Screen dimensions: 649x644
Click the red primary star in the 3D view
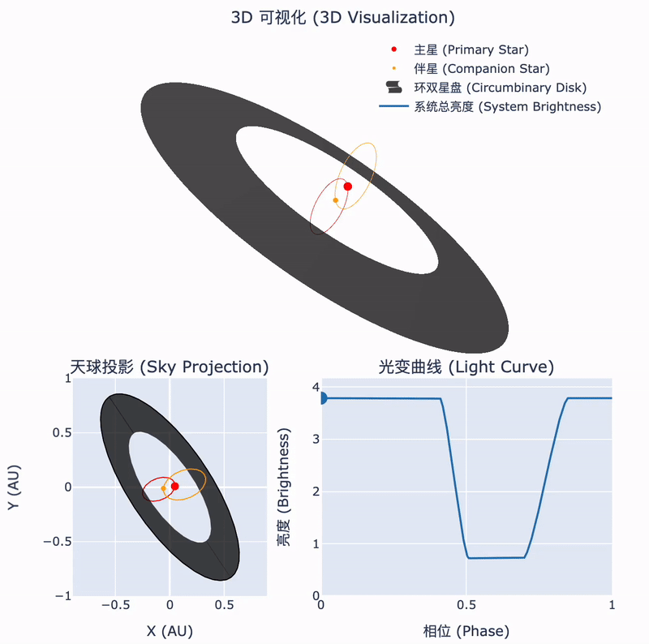coord(348,187)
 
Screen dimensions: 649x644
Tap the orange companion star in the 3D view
coord(336,200)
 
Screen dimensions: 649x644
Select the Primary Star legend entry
coord(459,49)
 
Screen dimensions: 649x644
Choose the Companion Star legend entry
coord(470,69)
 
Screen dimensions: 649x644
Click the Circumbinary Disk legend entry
coord(486,88)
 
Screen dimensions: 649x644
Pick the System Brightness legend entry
coord(490,107)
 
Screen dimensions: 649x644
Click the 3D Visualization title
coord(342,18)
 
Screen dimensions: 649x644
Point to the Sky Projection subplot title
coord(170,367)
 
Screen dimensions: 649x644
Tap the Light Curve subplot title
coord(466,367)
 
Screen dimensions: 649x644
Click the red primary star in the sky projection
coord(175,487)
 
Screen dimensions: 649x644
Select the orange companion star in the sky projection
coord(164,488)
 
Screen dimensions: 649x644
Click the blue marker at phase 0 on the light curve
coord(323,398)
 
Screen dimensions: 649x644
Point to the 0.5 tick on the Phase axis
coord(466,605)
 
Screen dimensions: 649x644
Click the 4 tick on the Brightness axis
coord(316,387)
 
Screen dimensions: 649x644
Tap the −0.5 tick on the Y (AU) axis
coord(58,542)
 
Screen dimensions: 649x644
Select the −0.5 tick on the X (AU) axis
coord(115,605)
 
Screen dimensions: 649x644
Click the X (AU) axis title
coord(170,631)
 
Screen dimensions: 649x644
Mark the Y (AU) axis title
coord(14,487)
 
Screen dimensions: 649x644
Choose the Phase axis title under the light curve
coord(466,631)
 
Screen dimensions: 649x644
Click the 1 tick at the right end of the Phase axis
coord(612,605)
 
